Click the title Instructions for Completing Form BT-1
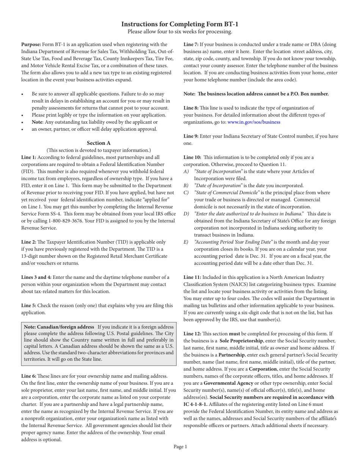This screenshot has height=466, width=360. (x=180, y=24)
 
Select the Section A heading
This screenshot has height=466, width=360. (x=99, y=143)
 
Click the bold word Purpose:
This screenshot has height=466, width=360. (x=31, y=44)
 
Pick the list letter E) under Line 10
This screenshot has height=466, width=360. (x=186, y=242)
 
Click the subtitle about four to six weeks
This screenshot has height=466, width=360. (x=180, y=32)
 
